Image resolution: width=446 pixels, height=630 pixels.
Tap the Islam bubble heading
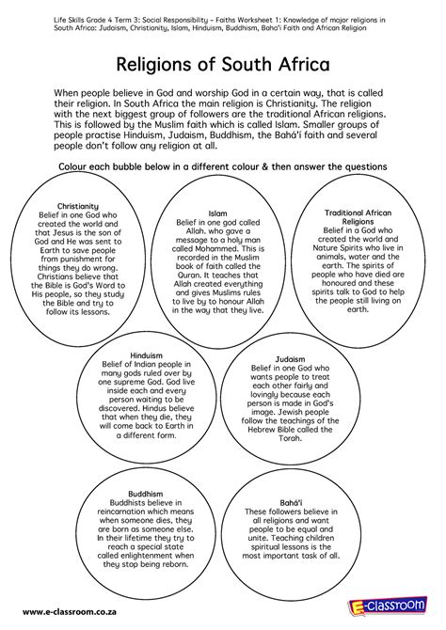point(217,213)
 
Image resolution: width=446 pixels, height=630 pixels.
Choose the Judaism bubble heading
point(289,359)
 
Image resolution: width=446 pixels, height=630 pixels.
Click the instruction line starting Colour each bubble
point(223,165)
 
